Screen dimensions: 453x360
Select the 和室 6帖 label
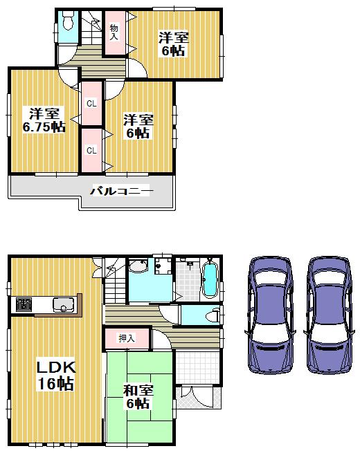click(138, 396)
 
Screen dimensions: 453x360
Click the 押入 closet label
click(125, 338)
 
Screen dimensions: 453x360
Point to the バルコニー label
click(120, 191)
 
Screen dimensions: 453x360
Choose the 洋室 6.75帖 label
click(42, 120)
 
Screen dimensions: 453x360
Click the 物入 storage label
click(114, 32)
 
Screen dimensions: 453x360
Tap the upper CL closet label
click(91, 104)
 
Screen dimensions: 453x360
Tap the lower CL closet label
click(91, 149)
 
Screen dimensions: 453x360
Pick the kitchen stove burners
click(23, 304)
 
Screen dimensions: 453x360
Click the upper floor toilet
click(67, 24)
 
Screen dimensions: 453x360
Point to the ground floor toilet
click(211, 315)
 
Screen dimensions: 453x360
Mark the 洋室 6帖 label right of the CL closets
click(138, 126)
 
